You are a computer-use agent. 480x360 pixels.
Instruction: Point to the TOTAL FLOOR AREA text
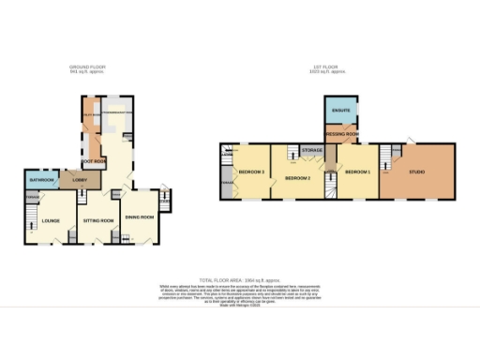point(239,280)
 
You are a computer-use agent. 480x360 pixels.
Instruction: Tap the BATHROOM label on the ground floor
point(40,178)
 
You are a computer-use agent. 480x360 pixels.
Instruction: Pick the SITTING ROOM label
point(98,221)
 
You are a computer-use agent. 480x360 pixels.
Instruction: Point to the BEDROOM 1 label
point(356,172)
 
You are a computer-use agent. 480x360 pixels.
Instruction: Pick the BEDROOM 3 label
point(249,172)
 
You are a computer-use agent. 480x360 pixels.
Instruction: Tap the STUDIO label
point(415,172)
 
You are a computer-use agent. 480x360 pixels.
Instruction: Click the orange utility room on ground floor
point(92,117)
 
